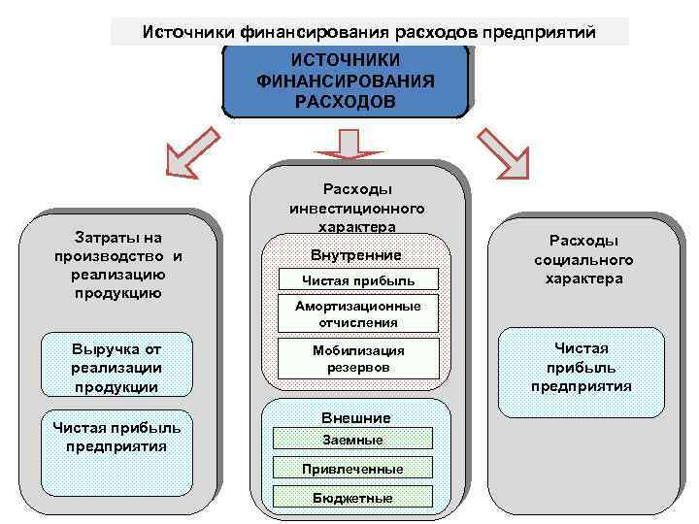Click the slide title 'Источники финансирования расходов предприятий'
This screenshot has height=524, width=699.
369,32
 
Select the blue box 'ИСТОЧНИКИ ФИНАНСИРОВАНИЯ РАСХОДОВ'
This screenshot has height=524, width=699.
345,82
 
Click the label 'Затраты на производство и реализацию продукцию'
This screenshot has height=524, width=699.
118,265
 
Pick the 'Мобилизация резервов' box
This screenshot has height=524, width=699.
357,359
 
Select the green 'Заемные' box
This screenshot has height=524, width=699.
351,440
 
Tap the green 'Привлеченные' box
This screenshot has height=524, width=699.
351,469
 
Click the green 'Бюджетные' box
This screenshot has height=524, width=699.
351,498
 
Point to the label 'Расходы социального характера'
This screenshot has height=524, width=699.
583,259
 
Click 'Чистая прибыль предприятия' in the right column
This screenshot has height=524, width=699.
581,367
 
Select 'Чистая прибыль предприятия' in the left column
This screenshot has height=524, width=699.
116,437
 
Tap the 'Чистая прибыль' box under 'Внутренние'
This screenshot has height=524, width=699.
357,280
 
